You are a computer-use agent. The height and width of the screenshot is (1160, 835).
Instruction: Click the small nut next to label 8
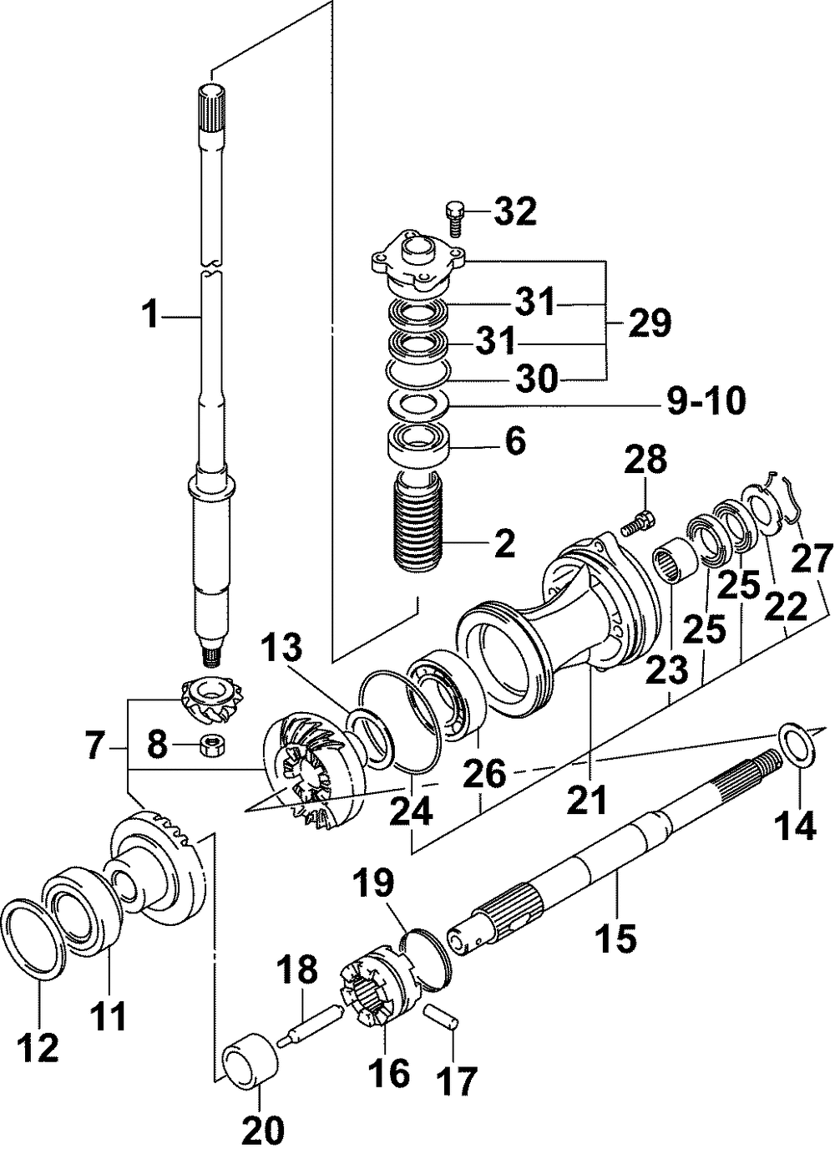(x=210, y=743)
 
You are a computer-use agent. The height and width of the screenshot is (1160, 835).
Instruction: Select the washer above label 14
(x=794, y=743)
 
